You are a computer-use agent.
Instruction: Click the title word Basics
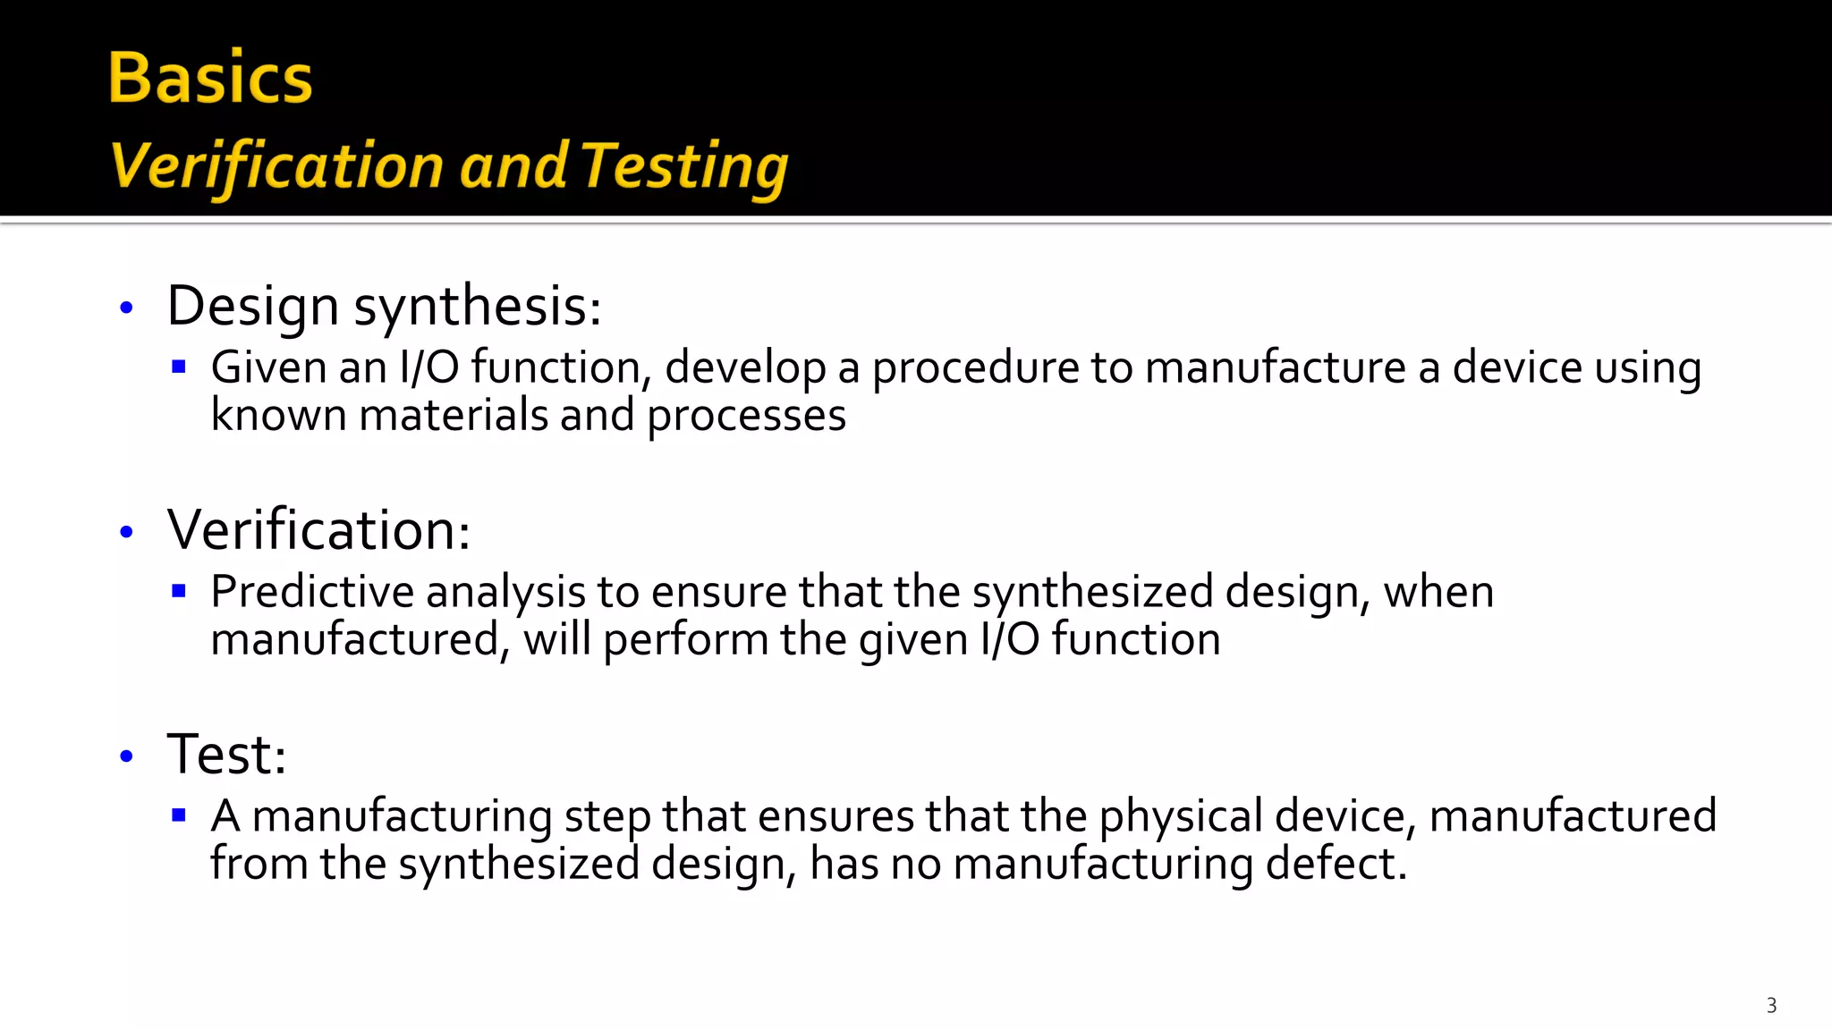coord(210,79)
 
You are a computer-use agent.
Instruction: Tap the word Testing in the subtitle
coord(684,167)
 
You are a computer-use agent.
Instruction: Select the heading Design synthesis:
coord(384,307)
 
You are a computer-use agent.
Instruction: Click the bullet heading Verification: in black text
coord(318,530)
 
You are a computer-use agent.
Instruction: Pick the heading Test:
coord(226,755)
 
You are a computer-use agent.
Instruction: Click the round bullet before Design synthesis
coord(126,308)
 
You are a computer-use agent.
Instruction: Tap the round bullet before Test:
coord(126,756)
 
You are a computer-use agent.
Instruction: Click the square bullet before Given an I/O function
coord(179,367)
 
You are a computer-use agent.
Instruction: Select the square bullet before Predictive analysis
coord(179,591)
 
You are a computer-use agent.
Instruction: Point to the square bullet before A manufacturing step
coord(179,815)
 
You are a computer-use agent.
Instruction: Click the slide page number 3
coord(1771,1006)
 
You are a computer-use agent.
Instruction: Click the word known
coord(278,416)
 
